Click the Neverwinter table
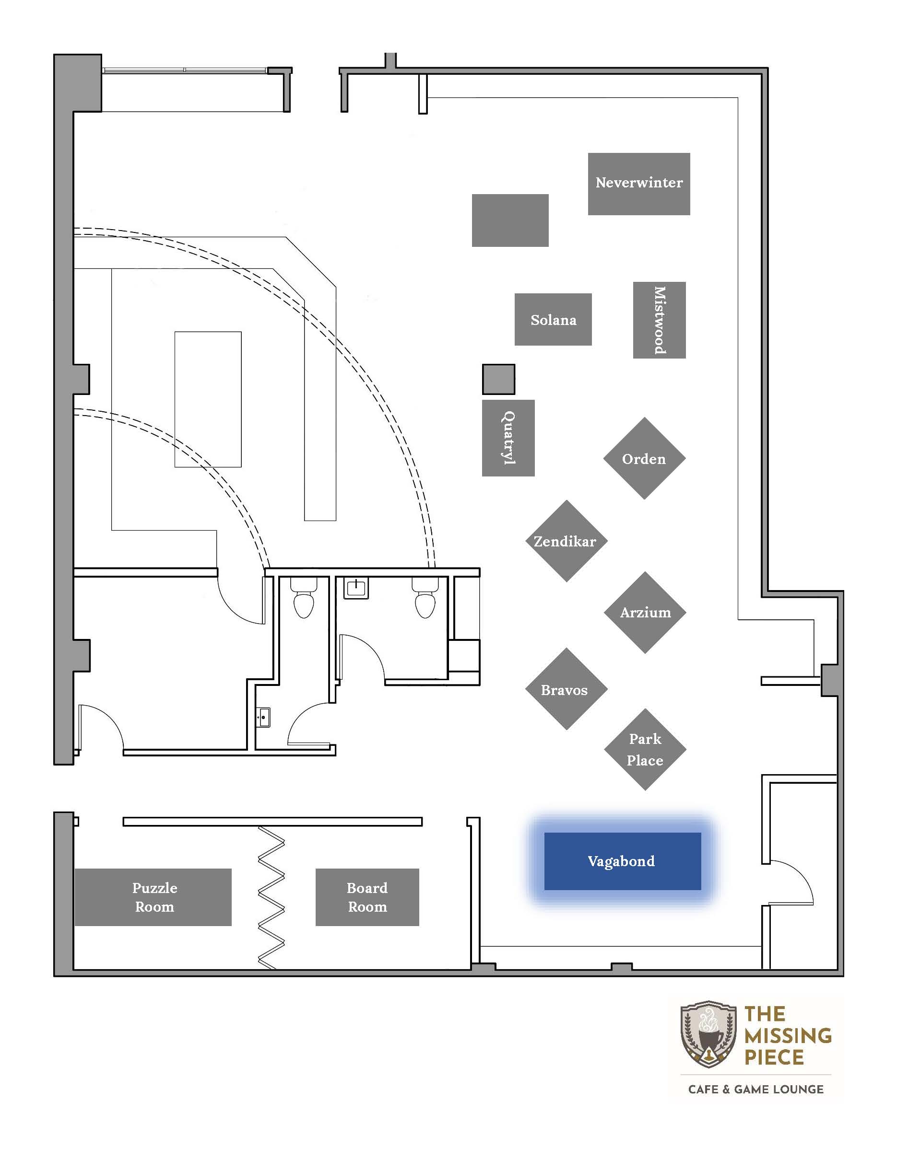point(639,184)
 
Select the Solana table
point(553,319)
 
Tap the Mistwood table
point(660,320)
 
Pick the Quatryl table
point(508,438)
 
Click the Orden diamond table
point(644,458)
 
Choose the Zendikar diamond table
point(567,541)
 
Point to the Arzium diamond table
point(645,613)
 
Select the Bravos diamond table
point(567,689)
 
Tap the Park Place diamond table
point(645,749)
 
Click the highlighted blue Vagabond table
point(622,861)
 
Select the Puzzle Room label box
point(153,897)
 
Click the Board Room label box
point(367,897)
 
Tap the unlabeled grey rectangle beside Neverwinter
point(510,220)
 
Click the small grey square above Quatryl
point(498,379)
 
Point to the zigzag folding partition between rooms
point(271,898)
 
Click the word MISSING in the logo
point(788,1036)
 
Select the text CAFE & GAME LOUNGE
point(755,1090)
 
